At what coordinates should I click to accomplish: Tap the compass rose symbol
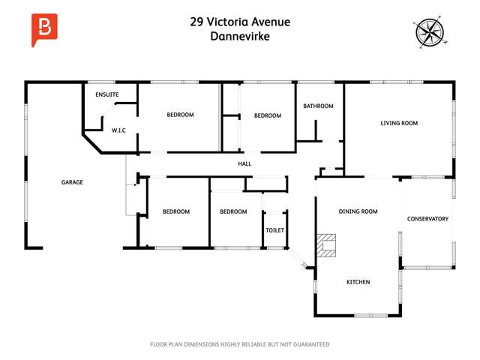click(x=429, y=32)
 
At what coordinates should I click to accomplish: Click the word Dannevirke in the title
click(x=239, y=36)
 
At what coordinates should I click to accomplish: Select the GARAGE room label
click(x=72, y=182)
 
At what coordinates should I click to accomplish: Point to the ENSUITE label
click(x=107, y=95)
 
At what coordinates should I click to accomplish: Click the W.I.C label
click(x=118, y=130)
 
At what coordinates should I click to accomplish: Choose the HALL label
click(x=244, y=163)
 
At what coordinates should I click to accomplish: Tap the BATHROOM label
click(x=318, y=106)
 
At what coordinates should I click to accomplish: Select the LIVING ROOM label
click(x=399, y=123)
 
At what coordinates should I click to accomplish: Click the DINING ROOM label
click(x=358, y=211)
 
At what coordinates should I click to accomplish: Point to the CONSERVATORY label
click(x=427, y=219)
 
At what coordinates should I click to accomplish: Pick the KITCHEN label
click(x=358, y=282)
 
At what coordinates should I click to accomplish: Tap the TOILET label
click(x=274, y=230)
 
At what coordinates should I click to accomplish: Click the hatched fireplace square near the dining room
click(x=326, y=245)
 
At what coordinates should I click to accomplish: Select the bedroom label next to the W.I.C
click(x=180, y=115)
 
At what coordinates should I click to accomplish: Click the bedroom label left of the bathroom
click(x=267, y=115)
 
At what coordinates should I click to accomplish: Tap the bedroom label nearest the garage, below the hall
click(x=176, y=211)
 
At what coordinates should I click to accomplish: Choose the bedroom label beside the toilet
click(x=233, y=211)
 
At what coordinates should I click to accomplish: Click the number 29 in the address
click(x=198, y=22)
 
